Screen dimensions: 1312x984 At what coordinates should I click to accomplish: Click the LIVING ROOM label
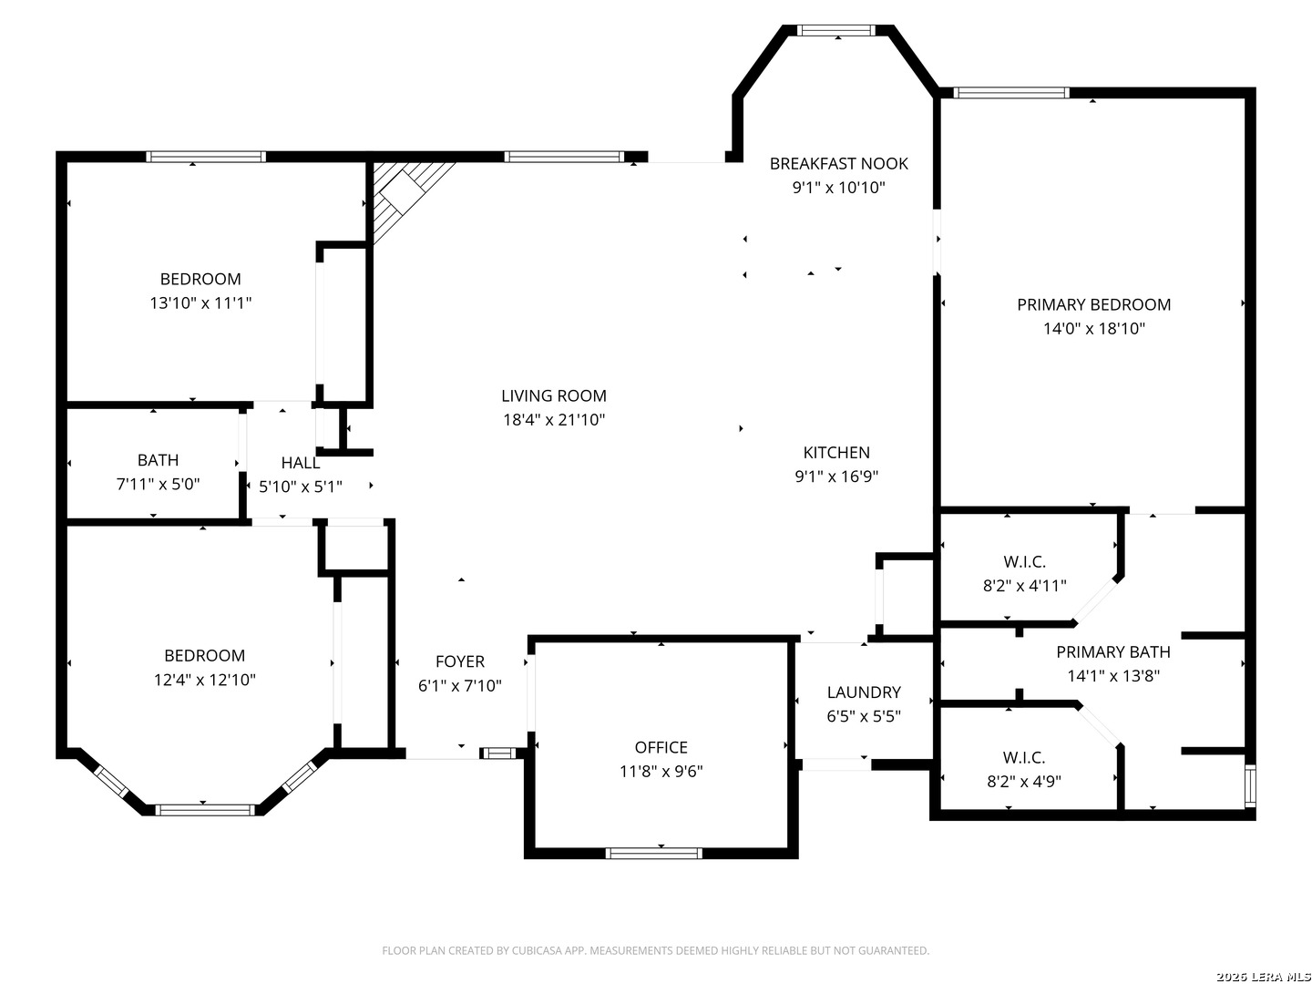[x=553, y=395]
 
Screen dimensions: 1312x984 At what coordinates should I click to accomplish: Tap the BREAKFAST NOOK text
[x=838, y=164]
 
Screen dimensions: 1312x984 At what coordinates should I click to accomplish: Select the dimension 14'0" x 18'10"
[x=1094, y=328]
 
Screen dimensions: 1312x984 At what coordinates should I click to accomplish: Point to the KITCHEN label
[x=835, y=452]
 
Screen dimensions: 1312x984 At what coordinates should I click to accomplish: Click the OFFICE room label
[x=661, y=747]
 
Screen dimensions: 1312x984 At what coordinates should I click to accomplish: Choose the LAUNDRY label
[x=863, y=692]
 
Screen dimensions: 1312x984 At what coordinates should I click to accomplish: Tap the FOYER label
[x=459, y=661]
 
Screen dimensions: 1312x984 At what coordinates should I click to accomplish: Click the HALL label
[x=300, y=463]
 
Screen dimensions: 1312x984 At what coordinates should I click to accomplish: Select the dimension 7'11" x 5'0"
[x=158, y=484]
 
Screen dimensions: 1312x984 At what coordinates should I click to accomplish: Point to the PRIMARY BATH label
[x=1113, y=651]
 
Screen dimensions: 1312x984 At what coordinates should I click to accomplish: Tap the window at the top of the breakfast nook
[x=835, y=30]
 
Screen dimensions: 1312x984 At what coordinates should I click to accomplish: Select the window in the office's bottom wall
[x=653, y=853]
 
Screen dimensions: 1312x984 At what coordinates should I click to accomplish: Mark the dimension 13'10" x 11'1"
[x=200, y=302]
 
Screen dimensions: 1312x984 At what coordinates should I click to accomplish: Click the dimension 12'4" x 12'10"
[x=204, y=680]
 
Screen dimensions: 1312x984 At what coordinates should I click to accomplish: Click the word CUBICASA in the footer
[x=536, y=950]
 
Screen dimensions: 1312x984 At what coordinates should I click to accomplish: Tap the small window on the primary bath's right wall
[x=1250, y=785]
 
